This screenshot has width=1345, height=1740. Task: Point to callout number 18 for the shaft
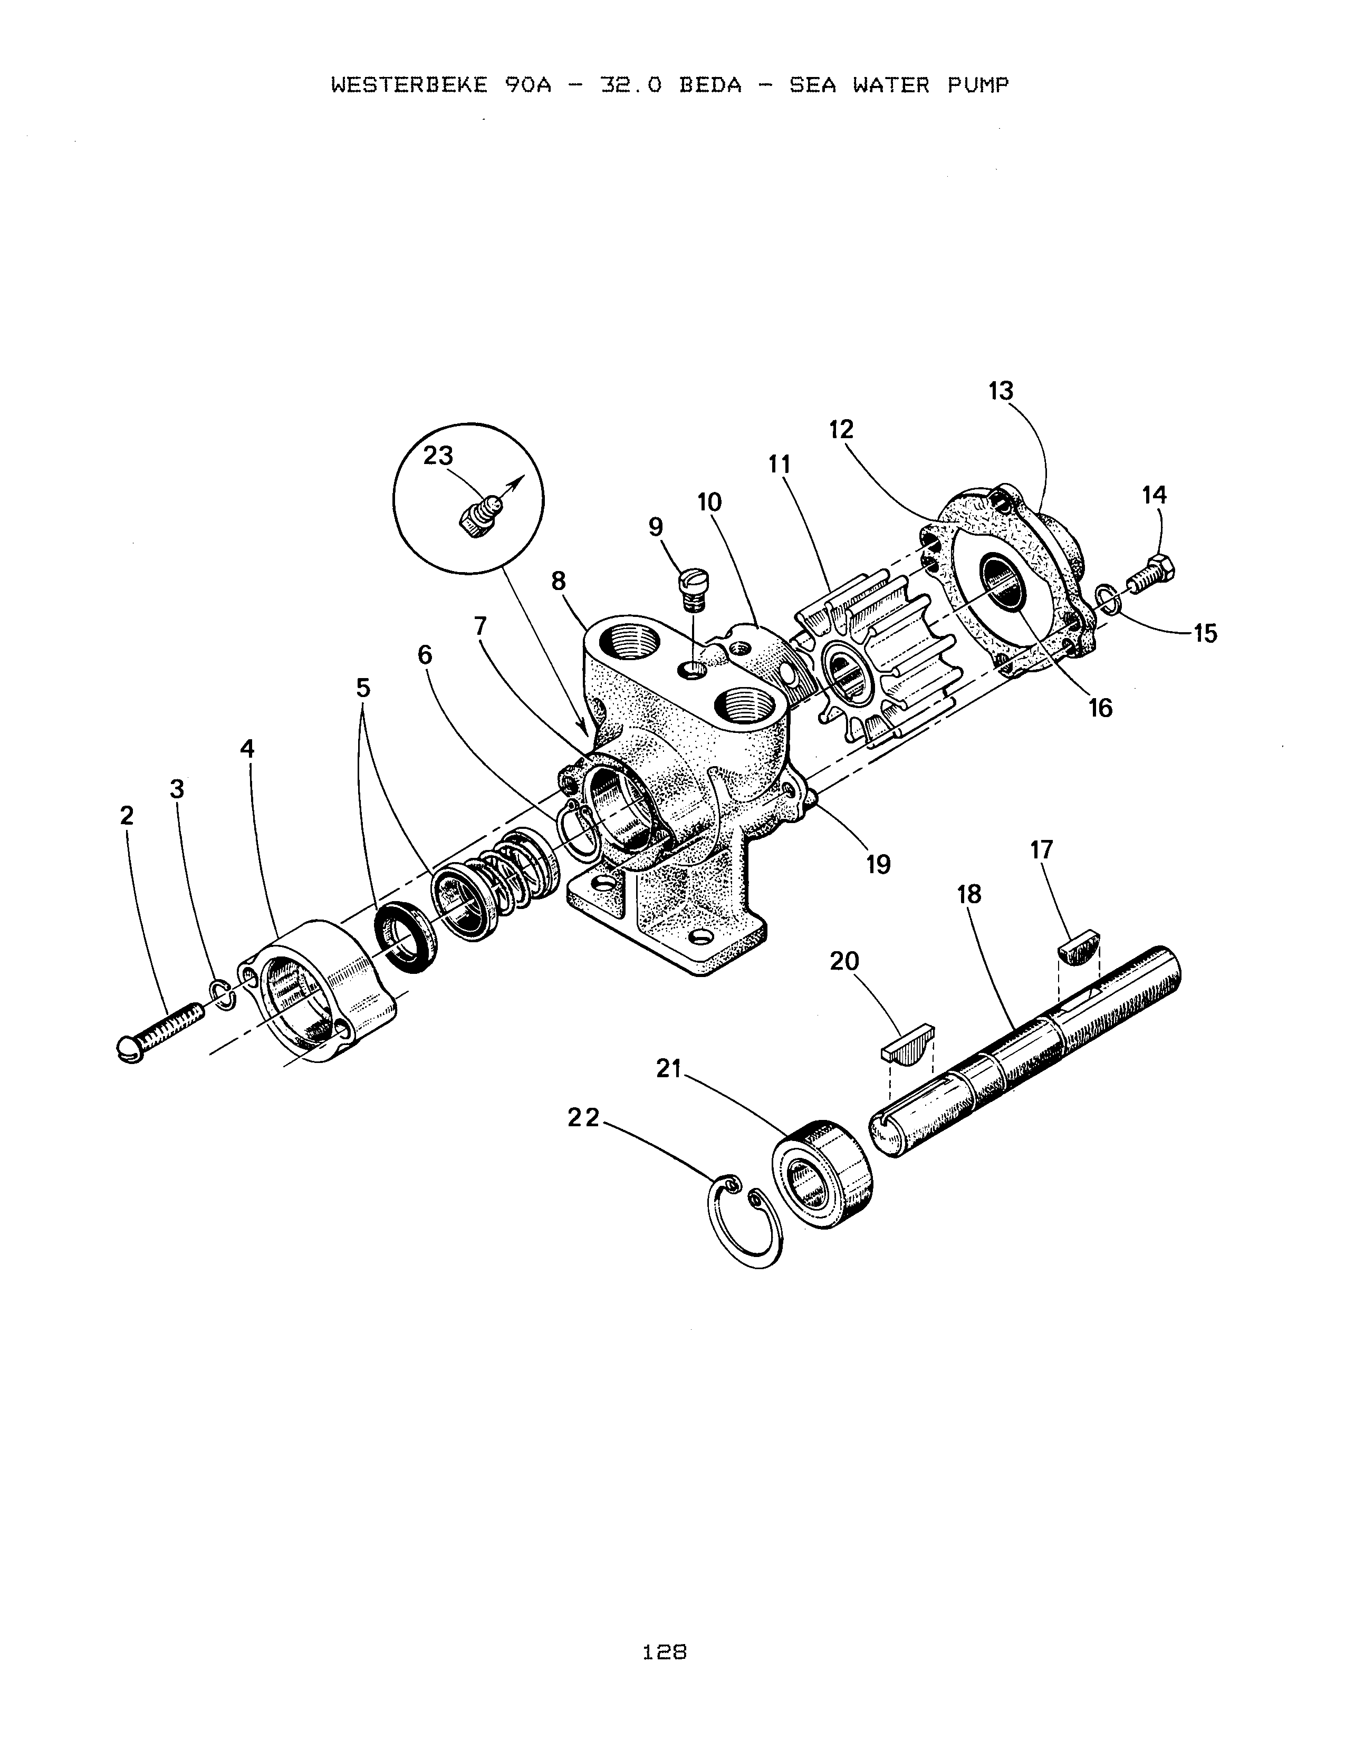969,895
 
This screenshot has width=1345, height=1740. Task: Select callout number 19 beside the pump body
878,864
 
